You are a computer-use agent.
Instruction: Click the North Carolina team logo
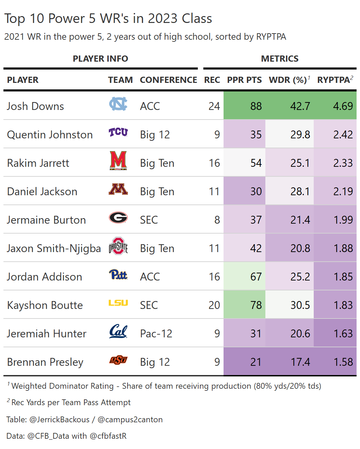[x=118, y=104]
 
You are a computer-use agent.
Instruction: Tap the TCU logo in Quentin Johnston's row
[x=118, y=132]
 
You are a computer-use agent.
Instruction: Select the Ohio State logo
[x=118, y=247]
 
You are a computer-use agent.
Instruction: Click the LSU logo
[x=118, y=303]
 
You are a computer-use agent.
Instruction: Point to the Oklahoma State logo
[x=118, y=360]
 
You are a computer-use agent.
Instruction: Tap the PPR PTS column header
[x=244, y=80]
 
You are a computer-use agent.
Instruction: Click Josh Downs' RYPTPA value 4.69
[x=343, y=106]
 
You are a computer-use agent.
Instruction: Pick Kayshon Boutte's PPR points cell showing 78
[x=256, y=305]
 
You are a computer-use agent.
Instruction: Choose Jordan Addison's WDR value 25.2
[x=300, y=277]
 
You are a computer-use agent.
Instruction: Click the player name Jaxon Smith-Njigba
[x=54, y=248]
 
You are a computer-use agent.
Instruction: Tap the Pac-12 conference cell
[x=156, y=334]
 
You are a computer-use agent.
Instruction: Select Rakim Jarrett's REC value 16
[x=214, y=163]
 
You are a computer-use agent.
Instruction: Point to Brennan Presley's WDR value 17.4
[x=300, y=362]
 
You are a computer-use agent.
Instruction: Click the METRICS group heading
[x=280, y=59]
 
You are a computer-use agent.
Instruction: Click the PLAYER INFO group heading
[x=100, y=59]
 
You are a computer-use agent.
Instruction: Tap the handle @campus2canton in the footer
[x=130, y=420]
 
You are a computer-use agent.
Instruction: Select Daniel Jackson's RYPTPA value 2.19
[x=343, y=191]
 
